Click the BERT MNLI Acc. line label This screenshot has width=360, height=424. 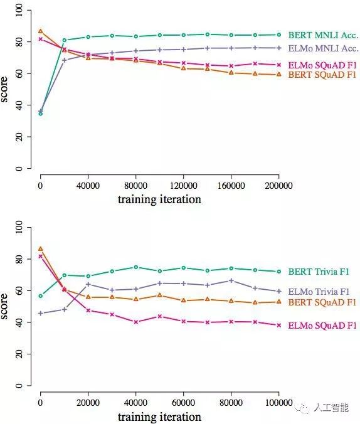pyautogui.click(x=323, y=35)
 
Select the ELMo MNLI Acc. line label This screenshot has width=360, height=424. pyautogui.click(x=324, y=48)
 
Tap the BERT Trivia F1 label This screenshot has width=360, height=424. pyautogui.click(x=319, y=272)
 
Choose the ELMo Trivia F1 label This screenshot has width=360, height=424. pyautogui.click(x=319, y=292)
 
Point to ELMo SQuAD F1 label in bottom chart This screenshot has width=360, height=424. pyautogui.click(x=322, y=326)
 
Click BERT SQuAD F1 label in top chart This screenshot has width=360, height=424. pyautogui.click(x=322, y=75)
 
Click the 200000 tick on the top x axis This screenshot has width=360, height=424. pyautogui.click(x=279, y=186)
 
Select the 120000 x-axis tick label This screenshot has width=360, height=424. pyautogui.click(x=183, y=186)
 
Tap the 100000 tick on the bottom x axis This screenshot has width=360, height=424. pyautogui.click(x=279, y=403)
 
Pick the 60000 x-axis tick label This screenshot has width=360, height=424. pyautogui.click(x=183, y=403)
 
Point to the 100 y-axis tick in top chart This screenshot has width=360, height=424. pyautogui.click(x=19, y=10)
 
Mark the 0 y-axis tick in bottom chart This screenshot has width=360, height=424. pyautogui.click(x=19, y=385)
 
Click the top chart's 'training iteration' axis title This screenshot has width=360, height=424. pyautogui.click(x=159, y=199)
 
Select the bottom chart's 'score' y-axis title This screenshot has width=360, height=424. pyautogui.click(x=4, y=306)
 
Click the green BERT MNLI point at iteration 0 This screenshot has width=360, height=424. pyautogui.click(x=41, y=114)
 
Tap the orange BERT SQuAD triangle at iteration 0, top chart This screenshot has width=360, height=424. pyautogui.click(x=41, y=31)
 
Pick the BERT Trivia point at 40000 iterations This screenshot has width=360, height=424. pyautogui.click(x=136, y=267)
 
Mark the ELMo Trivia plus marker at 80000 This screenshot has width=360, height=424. pyautogui.click(x=231, y=280)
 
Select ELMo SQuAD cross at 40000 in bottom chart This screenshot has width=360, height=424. pyautogui.click(x=136, y=322)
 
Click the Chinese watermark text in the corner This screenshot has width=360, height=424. pyautogui.click(x=331, y=408)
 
